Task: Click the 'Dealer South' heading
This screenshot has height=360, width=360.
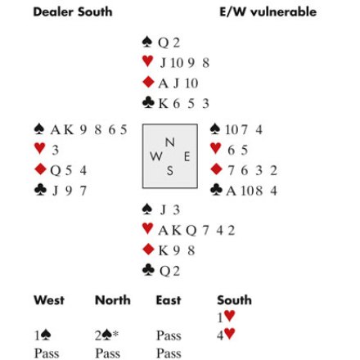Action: [73, 12]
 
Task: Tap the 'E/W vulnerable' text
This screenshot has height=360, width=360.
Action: [268, 12]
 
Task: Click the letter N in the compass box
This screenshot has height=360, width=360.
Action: [170, 142]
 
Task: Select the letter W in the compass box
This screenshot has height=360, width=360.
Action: [156, 156]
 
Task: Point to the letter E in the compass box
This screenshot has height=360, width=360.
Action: [187, 157]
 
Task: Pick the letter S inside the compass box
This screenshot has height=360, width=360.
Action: [170, 171]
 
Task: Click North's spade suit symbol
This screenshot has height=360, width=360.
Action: [147, 42]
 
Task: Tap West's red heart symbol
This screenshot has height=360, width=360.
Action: [40, 148]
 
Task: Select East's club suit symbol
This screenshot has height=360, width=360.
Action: [216, 190]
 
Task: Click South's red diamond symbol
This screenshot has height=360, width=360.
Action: [148, 250]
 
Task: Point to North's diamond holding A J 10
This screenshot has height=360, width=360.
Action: [178, 83]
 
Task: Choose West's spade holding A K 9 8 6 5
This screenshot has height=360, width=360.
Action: [88, 130]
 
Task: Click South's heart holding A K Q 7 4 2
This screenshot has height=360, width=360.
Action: [196, 231]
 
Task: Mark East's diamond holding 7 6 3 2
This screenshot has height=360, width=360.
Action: [252, 170]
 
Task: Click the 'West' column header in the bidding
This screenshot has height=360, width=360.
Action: [49, 300]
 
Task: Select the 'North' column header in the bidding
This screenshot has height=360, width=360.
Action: [113, 300]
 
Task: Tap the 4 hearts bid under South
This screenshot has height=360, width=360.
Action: [226, 335]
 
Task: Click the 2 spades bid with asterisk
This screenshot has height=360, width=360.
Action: [106, 335]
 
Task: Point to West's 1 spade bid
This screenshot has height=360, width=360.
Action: [43, 335]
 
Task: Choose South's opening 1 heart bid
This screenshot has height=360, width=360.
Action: [226, 317]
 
